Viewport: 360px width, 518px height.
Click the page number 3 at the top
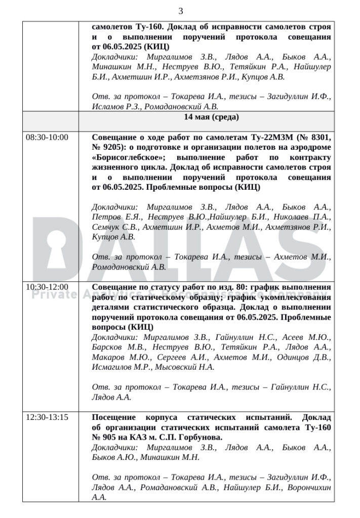[x=180, y=11]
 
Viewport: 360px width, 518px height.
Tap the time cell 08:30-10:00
[x=47, y=137]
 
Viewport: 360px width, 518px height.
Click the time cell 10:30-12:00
[x=47, y=287]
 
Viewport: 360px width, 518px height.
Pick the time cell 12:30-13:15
[x=47, y=418]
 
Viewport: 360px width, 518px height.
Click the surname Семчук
[x=108, y=227]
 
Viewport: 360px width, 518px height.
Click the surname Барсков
[x=107, y=348]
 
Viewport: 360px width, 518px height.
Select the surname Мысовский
[x=173, y=368]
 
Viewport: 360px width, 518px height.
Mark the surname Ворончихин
[x=308, y=488]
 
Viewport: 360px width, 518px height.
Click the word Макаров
[x=107, y=358]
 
